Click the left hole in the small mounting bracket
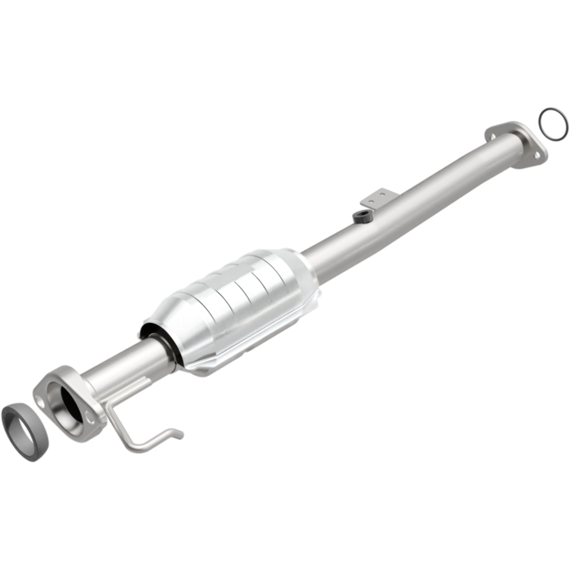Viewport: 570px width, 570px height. coord(369,200)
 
